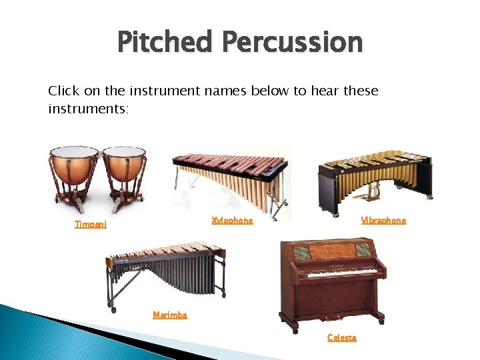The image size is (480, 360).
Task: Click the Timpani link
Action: (90, 225)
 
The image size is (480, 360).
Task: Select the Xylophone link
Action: (232, 221)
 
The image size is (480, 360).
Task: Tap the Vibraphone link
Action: (383, 221)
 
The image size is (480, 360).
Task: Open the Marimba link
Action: (170, 315)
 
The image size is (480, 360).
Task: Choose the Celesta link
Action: (341, 338)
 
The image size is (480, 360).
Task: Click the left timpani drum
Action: (74, 170)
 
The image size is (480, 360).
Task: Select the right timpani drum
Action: (125, 170)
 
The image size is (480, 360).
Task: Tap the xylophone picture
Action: (230, 177)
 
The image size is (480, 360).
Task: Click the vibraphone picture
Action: (373, 173)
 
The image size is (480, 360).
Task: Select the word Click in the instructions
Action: (63, 91)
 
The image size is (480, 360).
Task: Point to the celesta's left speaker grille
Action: (302, 251)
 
